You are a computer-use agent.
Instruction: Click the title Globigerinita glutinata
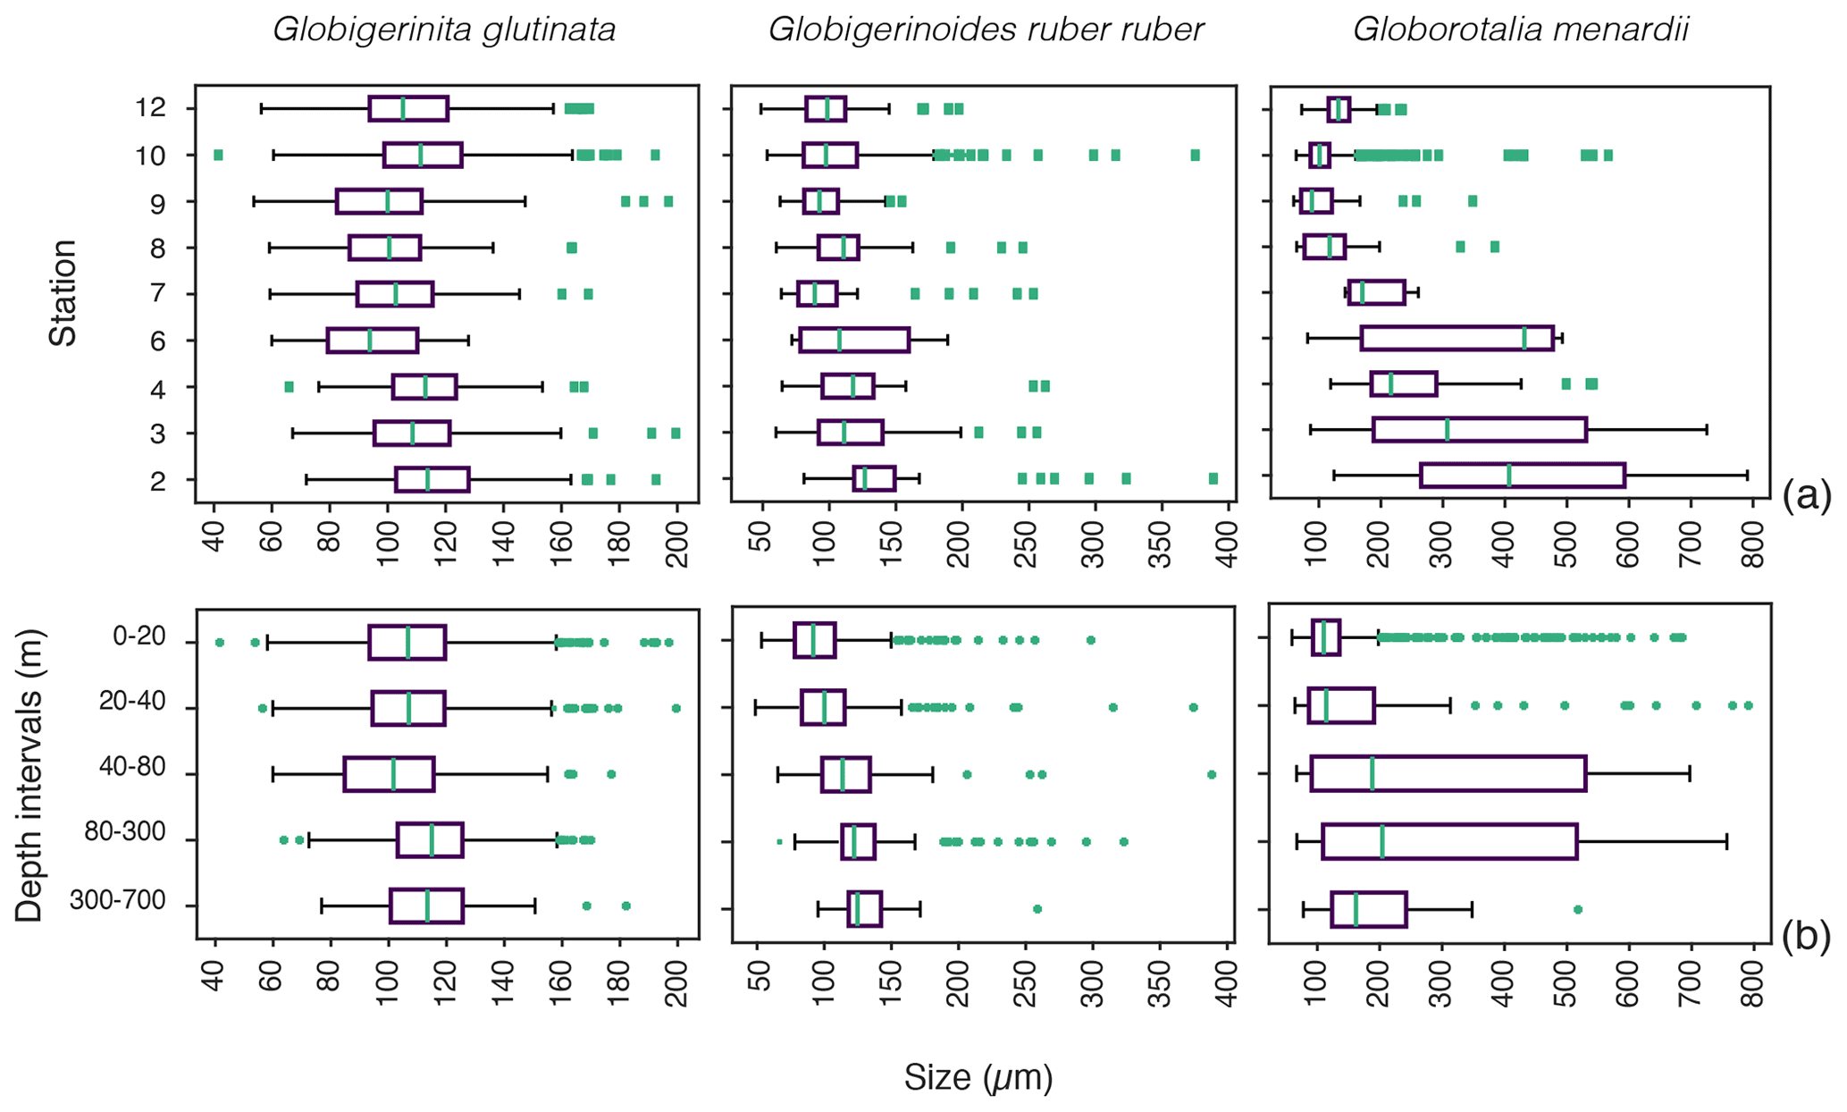click(x=444, y=30)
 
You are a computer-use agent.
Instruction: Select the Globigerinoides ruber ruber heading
click(x=986, y=30)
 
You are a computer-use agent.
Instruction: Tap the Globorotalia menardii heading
click(x=1520, y=30)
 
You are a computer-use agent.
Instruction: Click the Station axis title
click(x=63, y=292)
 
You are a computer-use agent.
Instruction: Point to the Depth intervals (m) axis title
click(x=29, y=774)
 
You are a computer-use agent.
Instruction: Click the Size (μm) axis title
click(x=978, y=1078)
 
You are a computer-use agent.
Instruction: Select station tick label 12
click(x=153, y=109)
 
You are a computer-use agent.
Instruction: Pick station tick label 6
click(x=158, y=341)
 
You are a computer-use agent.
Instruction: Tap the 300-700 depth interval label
click(x=118, y=902)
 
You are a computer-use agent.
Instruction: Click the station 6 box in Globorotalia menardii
click(x=1457, y=339)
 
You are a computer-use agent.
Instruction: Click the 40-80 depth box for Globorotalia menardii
click(x=1448, y=774)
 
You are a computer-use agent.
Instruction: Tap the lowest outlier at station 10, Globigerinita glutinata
click(x=218, y=156)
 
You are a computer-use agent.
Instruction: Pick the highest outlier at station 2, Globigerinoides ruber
click(x=1213, y=479)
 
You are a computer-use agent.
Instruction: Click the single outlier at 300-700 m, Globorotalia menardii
click(x=1577, y=909)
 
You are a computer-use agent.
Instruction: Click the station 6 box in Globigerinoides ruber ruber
click(x=854, y=340)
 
